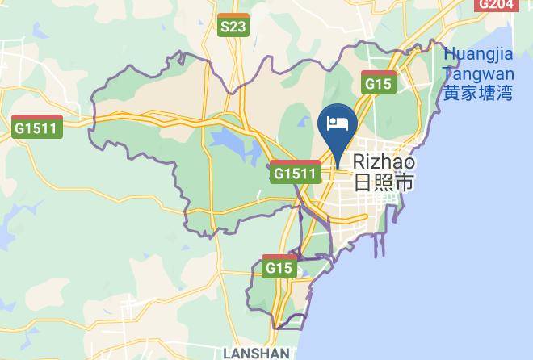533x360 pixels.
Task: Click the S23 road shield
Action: pyautogui.click(x=233, y=27)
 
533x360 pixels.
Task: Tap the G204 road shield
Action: pyautogui.click(x=494, y=4)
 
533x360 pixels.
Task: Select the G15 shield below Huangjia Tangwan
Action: pyautogui.click(x=378, y=82)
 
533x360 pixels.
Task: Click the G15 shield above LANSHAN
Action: pyautogui.click(x=279, y=266)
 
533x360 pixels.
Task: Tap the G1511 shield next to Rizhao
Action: pyautogui.click(x=295, y=173)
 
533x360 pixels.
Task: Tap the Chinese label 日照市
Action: pyautogui.click(x=383, y=182)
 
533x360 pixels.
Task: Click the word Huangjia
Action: pyautogui.click(x=478, y=54)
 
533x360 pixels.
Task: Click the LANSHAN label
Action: pyautogui.click(x=256, y=354)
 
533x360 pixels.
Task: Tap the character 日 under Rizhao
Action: pyautogui.click(x=362, y=182)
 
